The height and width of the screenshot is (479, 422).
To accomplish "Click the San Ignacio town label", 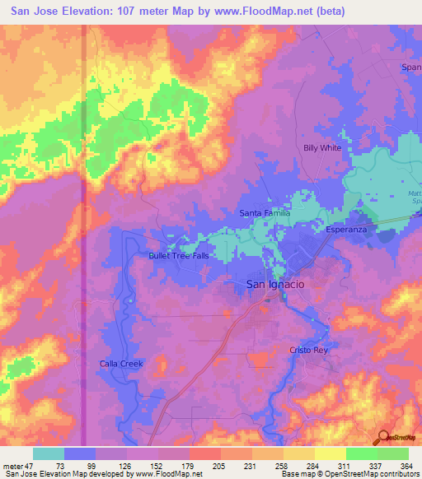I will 276,283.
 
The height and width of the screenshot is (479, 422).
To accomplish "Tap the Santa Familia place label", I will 265,213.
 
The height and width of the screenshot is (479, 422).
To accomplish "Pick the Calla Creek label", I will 121,364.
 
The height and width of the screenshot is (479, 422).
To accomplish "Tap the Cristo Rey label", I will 308,350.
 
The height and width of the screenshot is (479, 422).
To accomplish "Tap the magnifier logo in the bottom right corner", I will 382,438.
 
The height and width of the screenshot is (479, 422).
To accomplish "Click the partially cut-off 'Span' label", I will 410,67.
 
